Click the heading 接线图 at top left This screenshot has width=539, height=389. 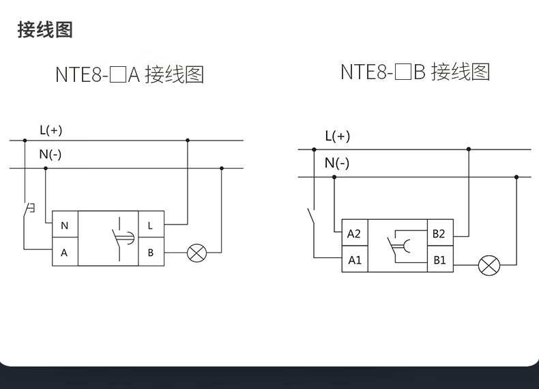[45, 29]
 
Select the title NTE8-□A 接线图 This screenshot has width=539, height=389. [129, 74]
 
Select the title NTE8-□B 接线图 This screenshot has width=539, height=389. [415, 72]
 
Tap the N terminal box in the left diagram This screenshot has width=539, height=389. [65, 225]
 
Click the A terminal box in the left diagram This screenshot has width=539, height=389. [65, 253]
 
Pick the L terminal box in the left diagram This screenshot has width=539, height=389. [151, 225]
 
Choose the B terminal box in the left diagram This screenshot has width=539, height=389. [151, 253]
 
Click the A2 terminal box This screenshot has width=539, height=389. [354, 233]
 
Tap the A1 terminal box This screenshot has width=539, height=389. [354, 260]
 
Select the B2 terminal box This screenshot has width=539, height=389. [439, 233]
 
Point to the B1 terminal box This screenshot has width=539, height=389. [439, 260]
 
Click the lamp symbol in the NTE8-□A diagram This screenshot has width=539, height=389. [197, 253]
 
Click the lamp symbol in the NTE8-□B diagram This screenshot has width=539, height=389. [489, 265]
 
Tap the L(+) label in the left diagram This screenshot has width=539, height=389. [50, 130]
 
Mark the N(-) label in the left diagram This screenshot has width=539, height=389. [50, 154]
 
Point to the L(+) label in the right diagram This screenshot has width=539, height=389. [337, 136]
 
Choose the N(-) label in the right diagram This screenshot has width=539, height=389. [336, 162]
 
